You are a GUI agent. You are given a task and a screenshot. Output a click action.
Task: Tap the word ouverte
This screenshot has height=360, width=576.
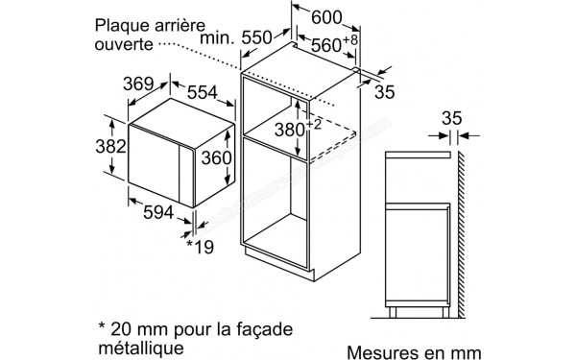pyautogui.click(x=124, y=43)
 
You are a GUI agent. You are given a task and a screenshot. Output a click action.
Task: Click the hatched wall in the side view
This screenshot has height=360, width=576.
pyautogui.click(x=463, y=230)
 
